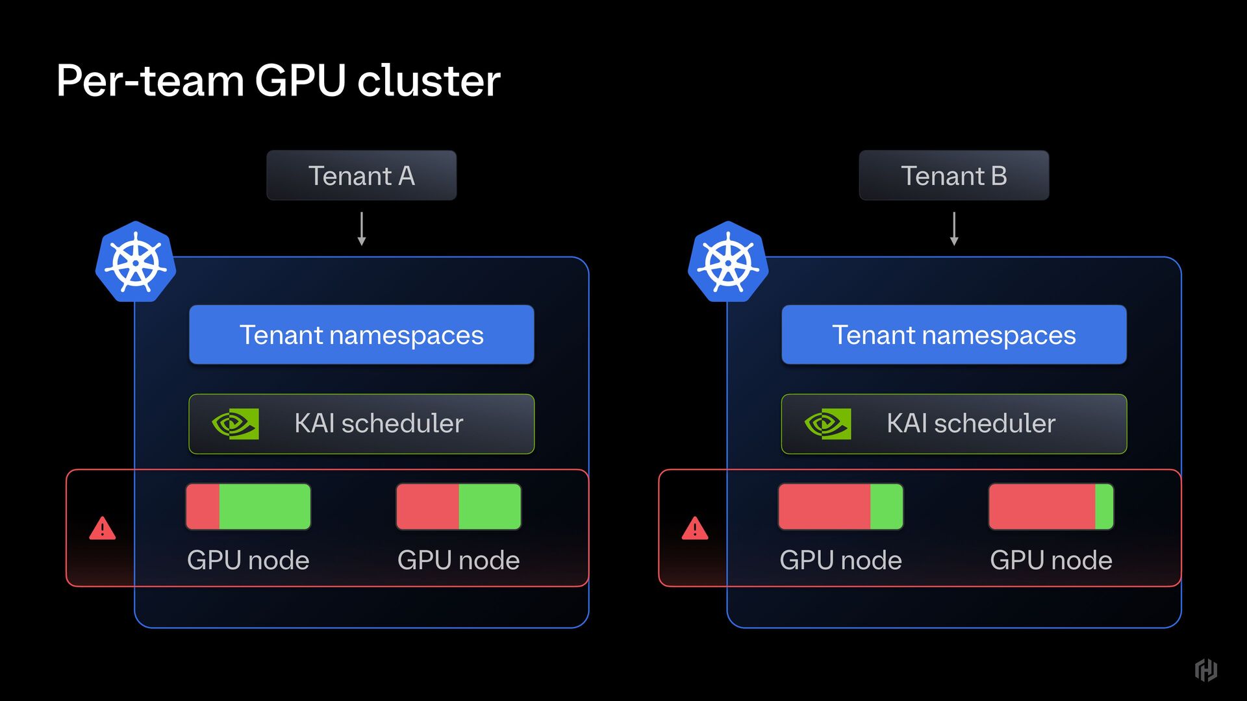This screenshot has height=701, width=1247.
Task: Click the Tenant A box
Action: [361, 175]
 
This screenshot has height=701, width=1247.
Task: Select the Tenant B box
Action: [953, 175]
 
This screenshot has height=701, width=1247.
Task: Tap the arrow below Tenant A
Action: [362, 228]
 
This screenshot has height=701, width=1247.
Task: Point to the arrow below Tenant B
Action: [954, 228]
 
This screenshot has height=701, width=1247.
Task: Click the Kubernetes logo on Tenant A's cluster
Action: [136, 262]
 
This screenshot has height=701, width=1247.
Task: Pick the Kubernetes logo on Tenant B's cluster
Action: [728, 262]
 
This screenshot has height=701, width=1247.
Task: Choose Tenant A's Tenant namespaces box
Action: [361, 335]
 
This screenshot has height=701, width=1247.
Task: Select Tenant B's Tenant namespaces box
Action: [953, 335]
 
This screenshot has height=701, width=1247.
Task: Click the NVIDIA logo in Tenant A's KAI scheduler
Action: [235, 424]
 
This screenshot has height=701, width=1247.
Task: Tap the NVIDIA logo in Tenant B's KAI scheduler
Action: [827, 424]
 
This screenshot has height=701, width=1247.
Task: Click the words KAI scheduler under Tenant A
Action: [379, 424]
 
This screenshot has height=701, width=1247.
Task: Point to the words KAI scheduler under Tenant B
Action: [971, 424]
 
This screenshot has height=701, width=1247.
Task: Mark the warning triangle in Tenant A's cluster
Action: [103, 528]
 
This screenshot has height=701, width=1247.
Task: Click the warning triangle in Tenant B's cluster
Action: [695, 528]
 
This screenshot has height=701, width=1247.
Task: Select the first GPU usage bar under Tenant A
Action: [248, 506]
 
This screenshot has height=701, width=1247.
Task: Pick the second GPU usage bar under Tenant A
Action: [459, 506]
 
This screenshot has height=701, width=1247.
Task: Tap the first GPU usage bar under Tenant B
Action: [840, 506]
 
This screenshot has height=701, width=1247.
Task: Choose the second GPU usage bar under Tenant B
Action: [1051, 506]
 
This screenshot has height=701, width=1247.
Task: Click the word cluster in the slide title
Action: [429, 81]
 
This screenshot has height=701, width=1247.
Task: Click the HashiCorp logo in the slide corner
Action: [1205, 670]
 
